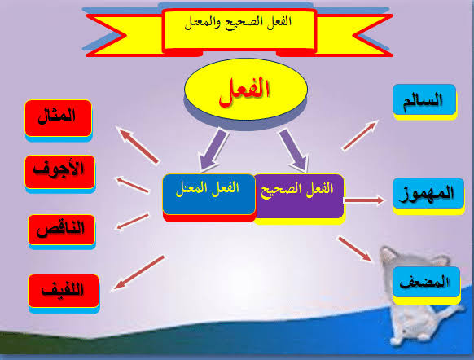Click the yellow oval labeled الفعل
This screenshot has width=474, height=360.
pos(246,90)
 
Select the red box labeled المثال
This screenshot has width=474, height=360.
pos(59,118)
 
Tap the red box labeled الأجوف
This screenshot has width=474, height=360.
pos(59,172)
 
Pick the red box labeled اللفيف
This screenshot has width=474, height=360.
pos(64,291)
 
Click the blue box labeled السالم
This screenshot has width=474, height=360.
pos(424,99)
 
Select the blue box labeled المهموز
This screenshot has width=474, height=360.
pos(428,193)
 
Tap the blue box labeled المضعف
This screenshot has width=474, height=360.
pos(426,282)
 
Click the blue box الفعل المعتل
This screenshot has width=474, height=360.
pos(208,195)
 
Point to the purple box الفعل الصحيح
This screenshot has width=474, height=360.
pos(299,195)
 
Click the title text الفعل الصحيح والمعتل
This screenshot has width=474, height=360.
pos(238,22)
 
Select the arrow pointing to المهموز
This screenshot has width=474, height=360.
pos(364,200)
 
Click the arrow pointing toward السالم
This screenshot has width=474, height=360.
pos(360,135)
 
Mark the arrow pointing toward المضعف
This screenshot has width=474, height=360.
pos(354,248)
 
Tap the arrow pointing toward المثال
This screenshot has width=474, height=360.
pos(138,146)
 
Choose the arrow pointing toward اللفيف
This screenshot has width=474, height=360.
pos(138,273)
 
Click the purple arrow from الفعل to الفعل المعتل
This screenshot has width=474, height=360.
pos(213,150)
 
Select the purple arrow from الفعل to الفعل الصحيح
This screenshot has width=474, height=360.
pos(294,150)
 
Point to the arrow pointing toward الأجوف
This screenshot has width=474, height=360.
pos(132,185)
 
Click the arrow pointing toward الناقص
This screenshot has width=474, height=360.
pos(133,222)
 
